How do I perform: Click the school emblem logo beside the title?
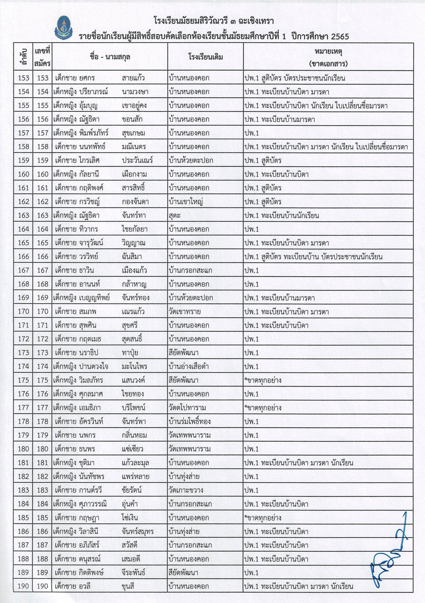pos(63,28)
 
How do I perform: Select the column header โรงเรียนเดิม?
pos(205,57)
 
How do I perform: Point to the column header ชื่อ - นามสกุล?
pos(110,57)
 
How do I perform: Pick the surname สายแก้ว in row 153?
pos(133,78)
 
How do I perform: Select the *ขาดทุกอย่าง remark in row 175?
pos(263,380)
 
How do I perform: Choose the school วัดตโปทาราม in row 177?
pos(187,407)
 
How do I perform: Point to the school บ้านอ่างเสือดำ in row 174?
pos(188,366)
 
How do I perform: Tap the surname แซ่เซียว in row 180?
pos(132,449)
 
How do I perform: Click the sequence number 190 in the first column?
pos(23,586)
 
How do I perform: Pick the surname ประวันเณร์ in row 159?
pos(137,160)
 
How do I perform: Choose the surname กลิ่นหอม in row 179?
pos(134,435)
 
